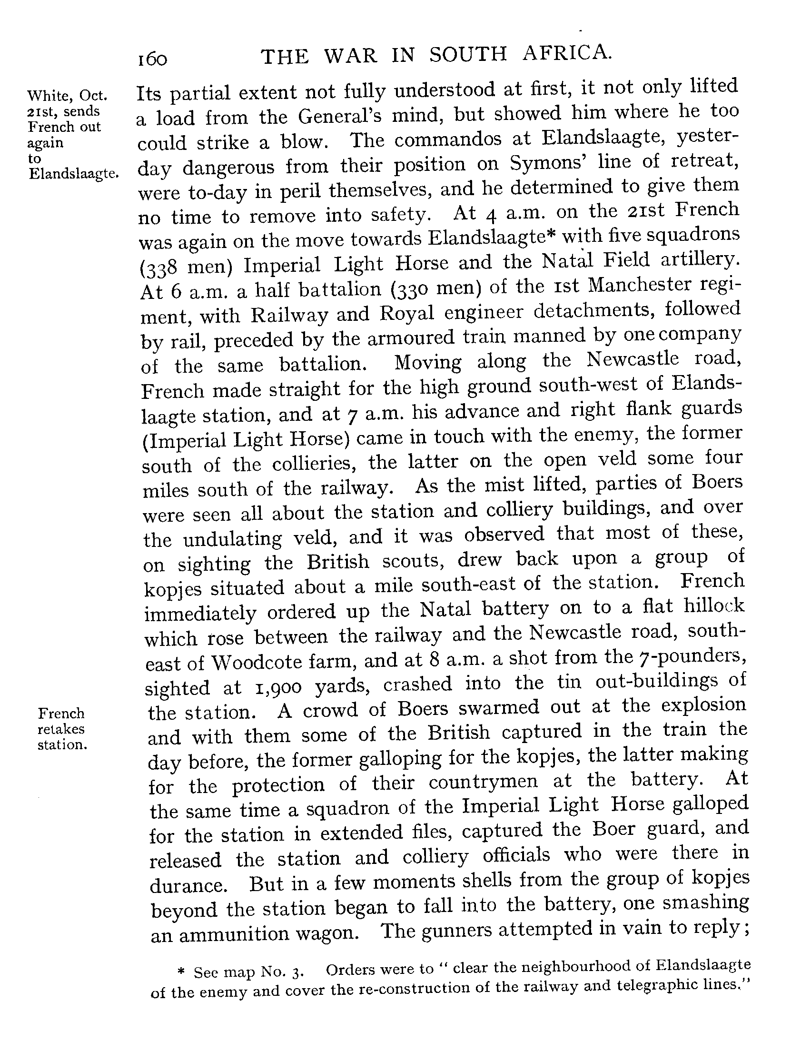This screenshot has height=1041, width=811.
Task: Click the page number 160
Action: click(152, 59)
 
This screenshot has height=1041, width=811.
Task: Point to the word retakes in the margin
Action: click(61, 729)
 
